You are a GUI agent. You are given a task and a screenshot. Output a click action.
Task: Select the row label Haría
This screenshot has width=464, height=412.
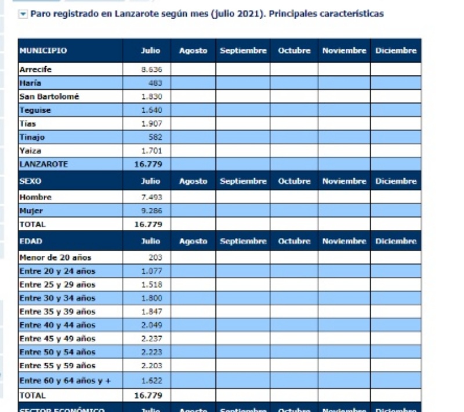29,83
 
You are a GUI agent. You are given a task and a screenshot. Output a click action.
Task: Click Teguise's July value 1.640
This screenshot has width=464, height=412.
153,110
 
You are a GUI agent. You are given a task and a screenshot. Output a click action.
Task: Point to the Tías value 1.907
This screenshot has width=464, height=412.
153,124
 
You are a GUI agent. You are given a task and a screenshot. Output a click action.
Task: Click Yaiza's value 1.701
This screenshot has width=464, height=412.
153,151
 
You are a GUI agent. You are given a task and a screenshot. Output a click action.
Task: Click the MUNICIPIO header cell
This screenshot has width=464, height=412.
43,51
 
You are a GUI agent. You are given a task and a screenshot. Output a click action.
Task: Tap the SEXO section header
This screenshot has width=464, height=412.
30,181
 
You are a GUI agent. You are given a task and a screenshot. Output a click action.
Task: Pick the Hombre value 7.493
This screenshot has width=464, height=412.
153,197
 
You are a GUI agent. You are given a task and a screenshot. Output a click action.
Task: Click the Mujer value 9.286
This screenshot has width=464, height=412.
153,211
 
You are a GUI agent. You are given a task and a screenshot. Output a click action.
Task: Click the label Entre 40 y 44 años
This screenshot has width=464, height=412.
57,325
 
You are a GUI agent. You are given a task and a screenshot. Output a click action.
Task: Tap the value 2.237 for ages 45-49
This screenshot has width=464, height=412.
153,338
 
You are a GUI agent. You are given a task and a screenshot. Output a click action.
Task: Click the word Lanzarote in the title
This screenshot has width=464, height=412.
130,14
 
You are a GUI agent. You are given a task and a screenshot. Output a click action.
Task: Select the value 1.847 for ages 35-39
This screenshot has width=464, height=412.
153,312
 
